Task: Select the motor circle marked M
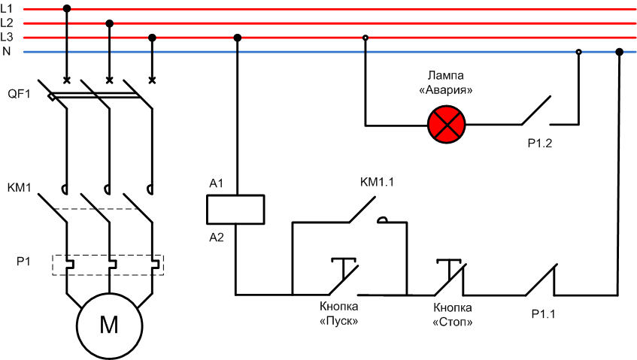click(109, 324)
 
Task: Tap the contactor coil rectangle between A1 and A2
click(235, 209)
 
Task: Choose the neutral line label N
click(6, 51)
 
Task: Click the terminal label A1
click(217, 183)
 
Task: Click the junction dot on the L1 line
click(67, 8)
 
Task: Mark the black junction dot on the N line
click(620, 52)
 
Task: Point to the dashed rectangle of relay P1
click(108, 265)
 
